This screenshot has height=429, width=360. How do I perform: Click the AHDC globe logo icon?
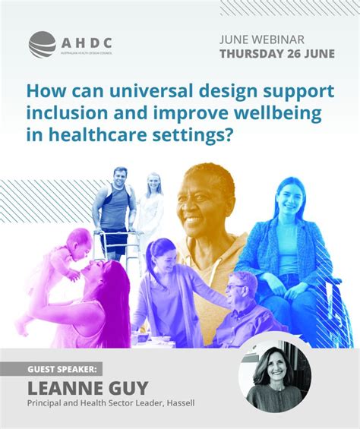tap(43, 44)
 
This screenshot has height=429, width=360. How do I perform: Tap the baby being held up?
tap(61, 258)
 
